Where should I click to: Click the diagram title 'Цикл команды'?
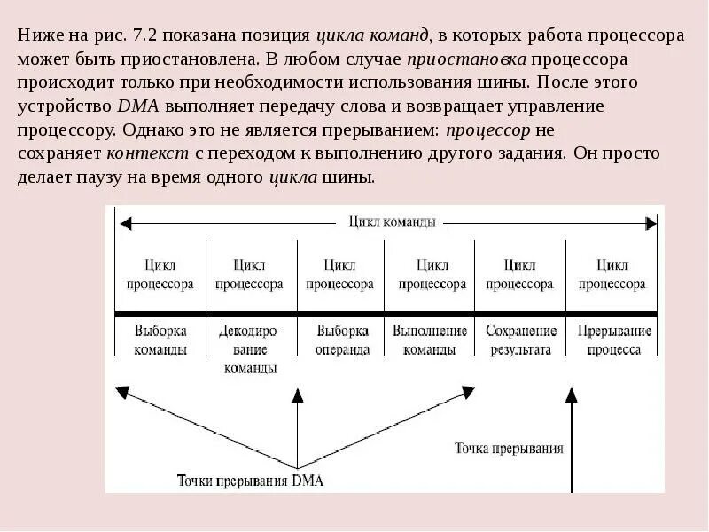click(392, 223)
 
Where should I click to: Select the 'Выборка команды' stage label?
click(160, 340)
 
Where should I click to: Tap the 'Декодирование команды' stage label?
click(250, 348)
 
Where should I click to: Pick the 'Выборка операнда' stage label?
click(342, 340)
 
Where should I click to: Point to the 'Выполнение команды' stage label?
click(431, 340)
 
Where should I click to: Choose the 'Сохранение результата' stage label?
click(521, 340)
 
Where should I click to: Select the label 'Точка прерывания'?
click(509, 448)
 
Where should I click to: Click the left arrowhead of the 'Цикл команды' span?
click(125, 223)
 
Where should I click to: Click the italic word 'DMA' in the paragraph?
click(134, 106)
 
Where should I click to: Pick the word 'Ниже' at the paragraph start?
click(36, 37)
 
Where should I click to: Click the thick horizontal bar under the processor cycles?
click(386, 314)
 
